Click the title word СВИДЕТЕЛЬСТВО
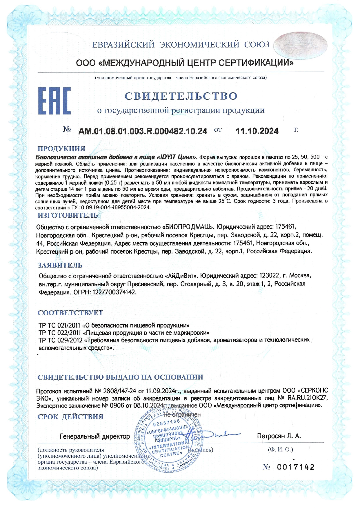pos(181,96)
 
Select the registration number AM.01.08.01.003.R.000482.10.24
pos(143,131)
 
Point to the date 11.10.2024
pos(257,131)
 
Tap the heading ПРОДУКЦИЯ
pos(61,149)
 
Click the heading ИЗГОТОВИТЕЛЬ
pos(68,215)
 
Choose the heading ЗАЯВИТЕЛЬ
pos(60,265)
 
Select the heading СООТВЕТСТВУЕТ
pos(70,313)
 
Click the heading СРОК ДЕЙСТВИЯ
pos(70,417)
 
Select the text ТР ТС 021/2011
pos(60,325)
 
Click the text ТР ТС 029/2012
pos(60,340)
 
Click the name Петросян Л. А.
pos(279,436)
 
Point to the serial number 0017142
pos(296,467)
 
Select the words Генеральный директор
pos(95,436)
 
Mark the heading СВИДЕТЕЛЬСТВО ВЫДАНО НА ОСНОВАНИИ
pos(120,377)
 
